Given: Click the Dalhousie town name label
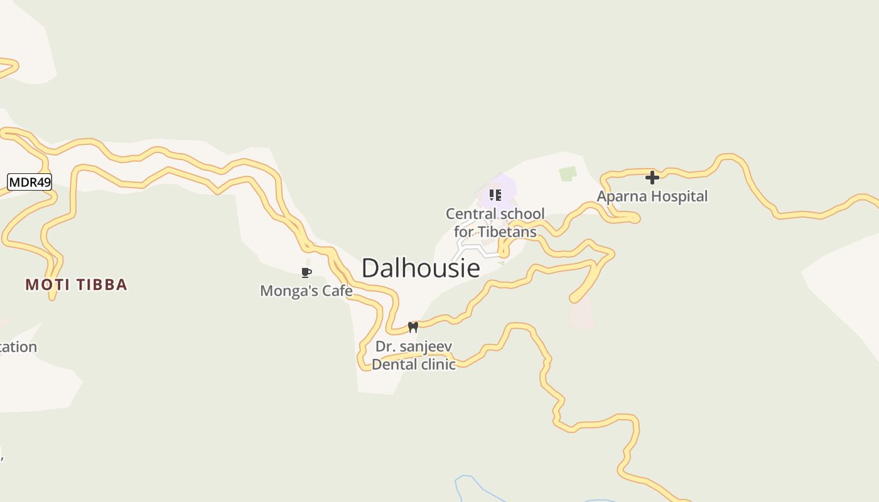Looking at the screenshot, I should (421, 268).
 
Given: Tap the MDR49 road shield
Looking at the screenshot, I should (30, 183).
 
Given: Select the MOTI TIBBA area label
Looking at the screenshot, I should (77, 285).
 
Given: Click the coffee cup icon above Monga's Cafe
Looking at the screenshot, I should (306, 272).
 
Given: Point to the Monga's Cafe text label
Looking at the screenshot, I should (306, 291).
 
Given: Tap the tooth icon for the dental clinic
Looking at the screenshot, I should (413, 327).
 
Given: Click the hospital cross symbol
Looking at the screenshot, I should (652, 178).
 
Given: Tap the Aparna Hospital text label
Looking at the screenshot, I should (652, 196).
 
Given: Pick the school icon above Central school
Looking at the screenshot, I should (495, 195).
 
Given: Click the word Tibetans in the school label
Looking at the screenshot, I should (505, 232).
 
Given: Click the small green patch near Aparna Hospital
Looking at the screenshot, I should (568, 174).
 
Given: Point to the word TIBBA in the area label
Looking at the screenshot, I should (102, 285).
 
